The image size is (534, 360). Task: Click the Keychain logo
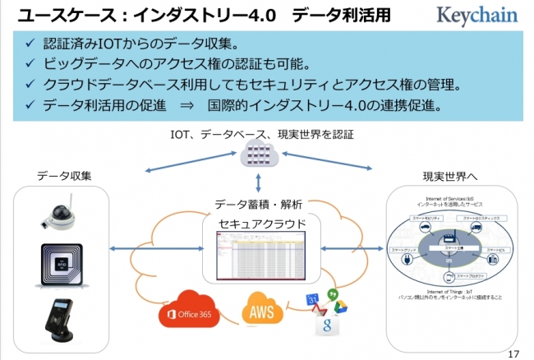pos(477,16)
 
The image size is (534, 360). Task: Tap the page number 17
pos(514,353)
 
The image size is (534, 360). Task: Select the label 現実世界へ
pos(450,176)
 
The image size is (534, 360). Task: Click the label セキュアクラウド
pos(263,223)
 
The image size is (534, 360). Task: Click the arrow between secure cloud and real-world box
pos(352,247)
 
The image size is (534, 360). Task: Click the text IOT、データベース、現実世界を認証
pos(261,134)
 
